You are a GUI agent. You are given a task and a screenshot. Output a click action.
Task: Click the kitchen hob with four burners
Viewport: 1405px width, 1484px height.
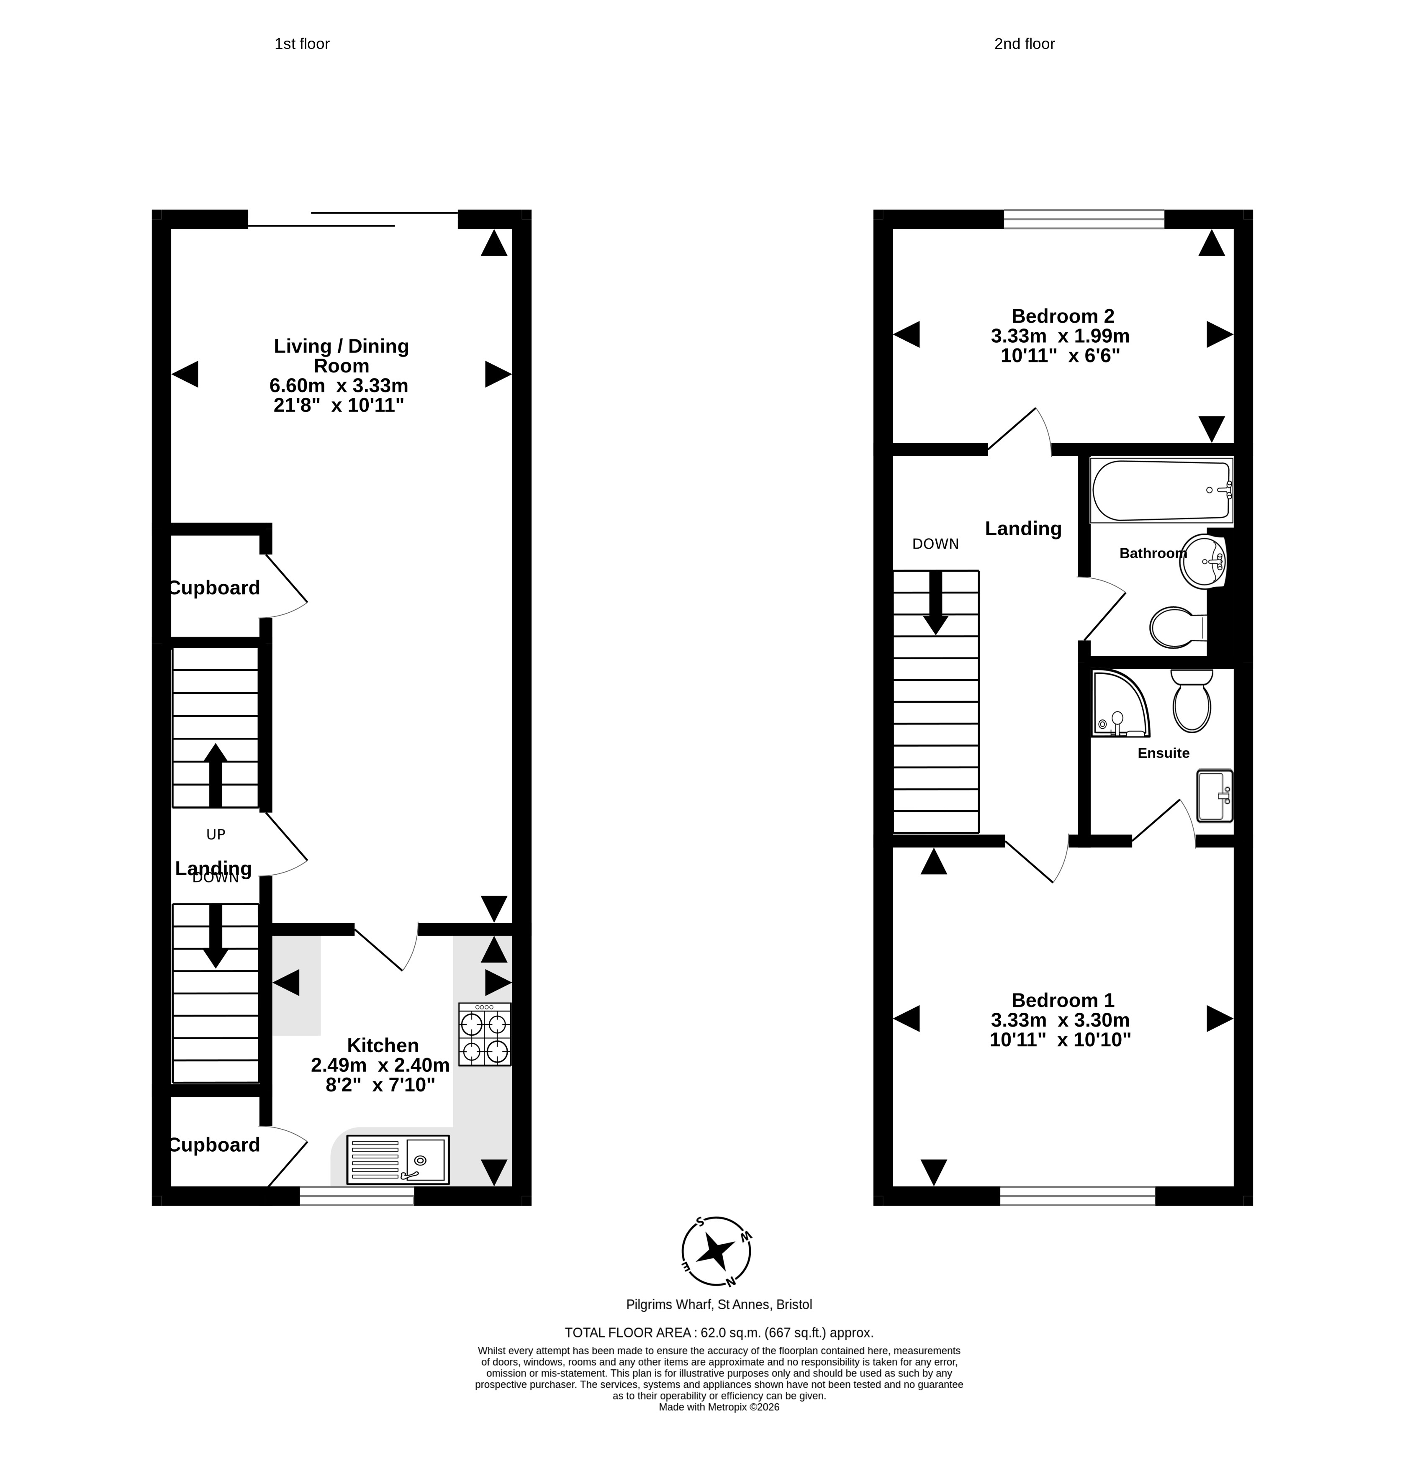pyautogui.click(x=485, y=1034)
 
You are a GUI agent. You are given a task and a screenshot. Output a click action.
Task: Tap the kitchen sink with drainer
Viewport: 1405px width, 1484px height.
pyautogui.click(x=398, y=1160)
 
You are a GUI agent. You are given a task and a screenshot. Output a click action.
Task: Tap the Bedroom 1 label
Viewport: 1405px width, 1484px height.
pyautogui.click(x=1063, y=1000)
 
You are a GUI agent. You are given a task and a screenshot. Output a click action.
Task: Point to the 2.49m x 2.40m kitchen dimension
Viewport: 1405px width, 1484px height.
pyautogui.click(x=380, y=1065)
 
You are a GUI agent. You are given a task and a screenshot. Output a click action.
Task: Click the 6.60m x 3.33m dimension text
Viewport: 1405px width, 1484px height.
pyautogui.click(x=339, y=385)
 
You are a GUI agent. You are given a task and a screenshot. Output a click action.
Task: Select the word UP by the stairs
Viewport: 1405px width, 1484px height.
pyautogui.click(x=216, y=834)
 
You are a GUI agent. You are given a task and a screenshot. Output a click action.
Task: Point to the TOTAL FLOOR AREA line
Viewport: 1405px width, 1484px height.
pyautogui.click(x=719, y=1333)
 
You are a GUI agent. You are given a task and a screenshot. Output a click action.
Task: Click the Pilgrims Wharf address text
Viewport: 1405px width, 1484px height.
pyautogui.click(x=719, y=1304)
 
